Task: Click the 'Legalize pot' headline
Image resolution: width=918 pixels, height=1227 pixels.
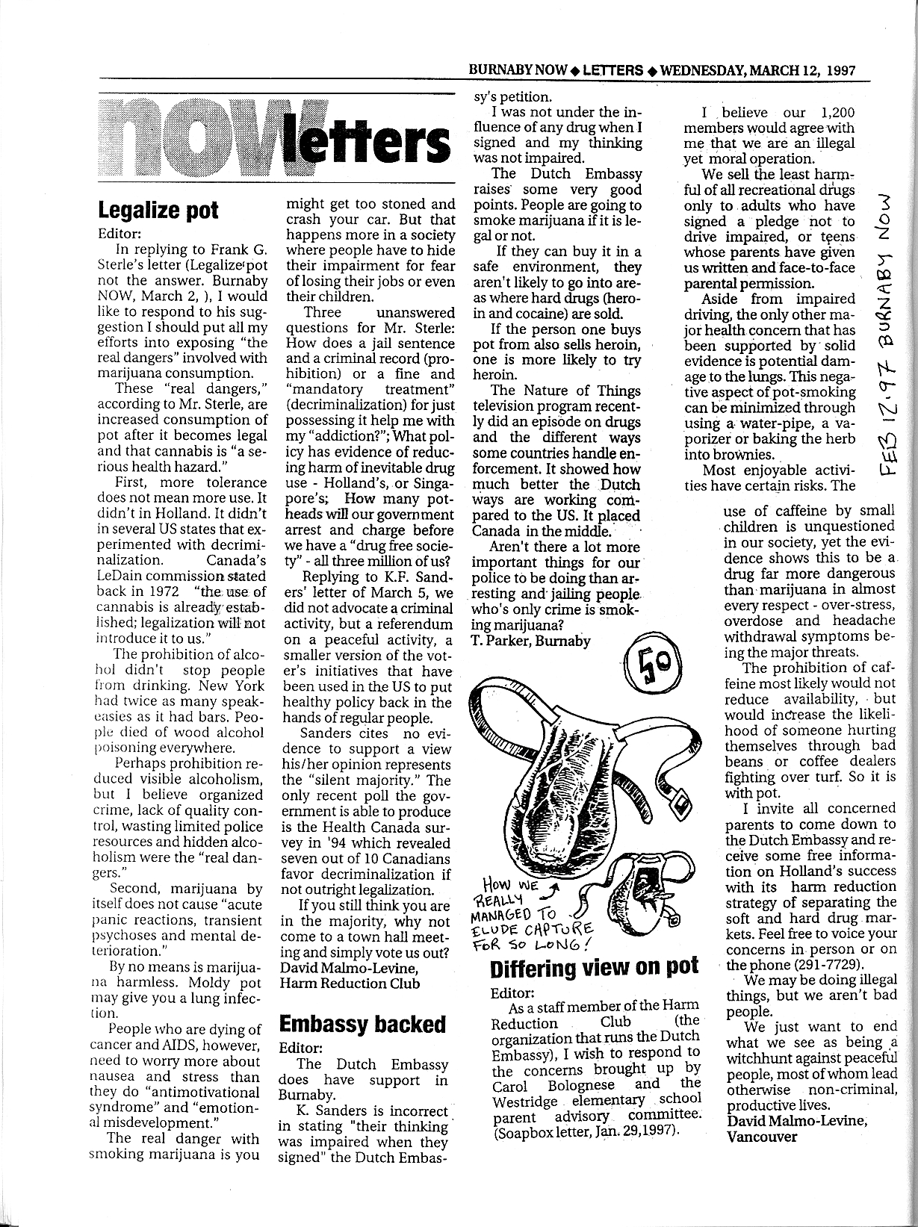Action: click(x=158, y=210)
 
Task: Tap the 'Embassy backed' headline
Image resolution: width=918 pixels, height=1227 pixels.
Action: click(x=362, y=1024)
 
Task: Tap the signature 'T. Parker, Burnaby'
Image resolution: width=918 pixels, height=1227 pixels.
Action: click(x=531, y=640)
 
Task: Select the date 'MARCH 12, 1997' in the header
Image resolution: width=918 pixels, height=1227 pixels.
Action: click(x=801, y=71)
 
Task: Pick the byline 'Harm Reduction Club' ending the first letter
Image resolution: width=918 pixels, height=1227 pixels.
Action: click(x=350, y=984)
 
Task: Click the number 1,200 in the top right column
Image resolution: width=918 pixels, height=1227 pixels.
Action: click(x=837, y=113)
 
